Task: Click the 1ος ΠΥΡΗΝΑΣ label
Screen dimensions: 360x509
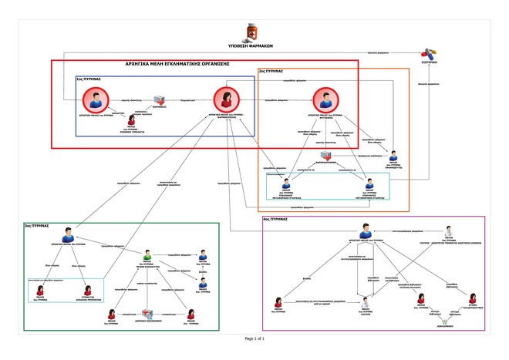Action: [x=89, y=79]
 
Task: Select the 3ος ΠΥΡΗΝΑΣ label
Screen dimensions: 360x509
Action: [x=37, y=226]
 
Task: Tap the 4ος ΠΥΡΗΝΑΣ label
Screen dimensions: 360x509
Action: [x=275, y=219]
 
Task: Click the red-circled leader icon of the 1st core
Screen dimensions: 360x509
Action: [x=96, y=100]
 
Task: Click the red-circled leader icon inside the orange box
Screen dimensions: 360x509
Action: [x=325, y=100]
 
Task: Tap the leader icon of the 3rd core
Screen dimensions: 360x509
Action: [x=68, y=234]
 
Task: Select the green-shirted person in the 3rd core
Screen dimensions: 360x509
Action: [x=147, y=255]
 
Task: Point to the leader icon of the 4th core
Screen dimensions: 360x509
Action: [x=366, y=232]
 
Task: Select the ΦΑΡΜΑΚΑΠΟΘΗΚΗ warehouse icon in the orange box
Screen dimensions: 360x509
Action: [x=327, y=156]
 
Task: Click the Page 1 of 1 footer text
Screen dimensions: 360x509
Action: [x=254, y=338]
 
